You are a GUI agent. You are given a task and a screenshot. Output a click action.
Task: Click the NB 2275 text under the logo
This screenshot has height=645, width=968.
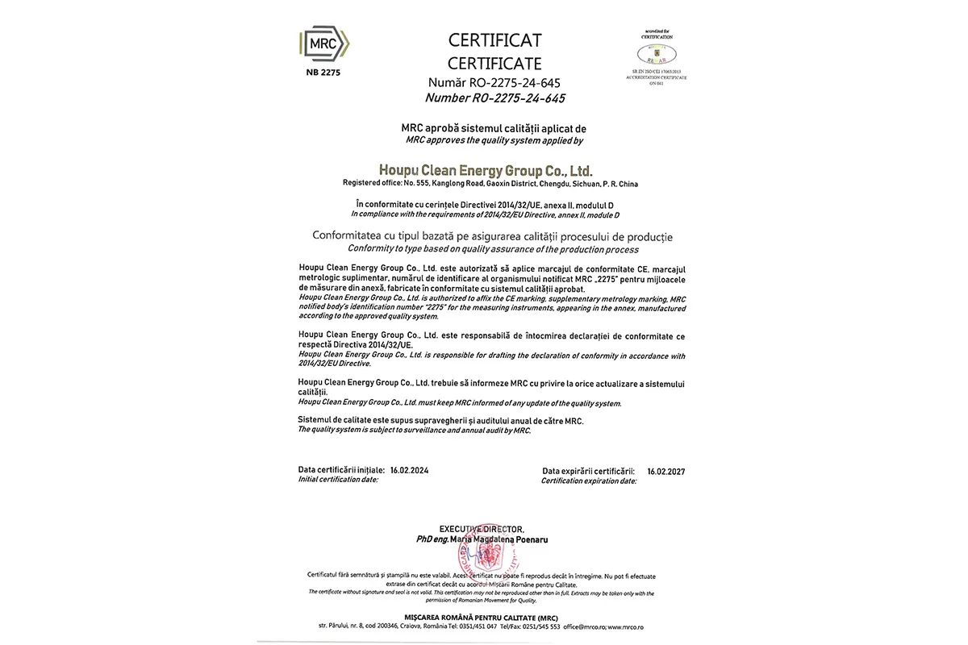point(323,73)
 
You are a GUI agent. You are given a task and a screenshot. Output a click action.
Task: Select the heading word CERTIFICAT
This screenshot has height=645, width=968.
point(495,40)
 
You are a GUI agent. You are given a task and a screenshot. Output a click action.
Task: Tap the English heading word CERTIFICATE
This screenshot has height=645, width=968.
point(495,63)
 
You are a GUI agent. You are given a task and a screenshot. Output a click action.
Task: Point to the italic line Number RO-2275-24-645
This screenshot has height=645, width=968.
point(494,98)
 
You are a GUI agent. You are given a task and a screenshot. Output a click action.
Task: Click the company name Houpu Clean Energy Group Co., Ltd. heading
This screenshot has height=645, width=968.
point(485,170)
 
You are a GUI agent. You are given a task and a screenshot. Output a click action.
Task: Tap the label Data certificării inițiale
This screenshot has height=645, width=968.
point(341,469)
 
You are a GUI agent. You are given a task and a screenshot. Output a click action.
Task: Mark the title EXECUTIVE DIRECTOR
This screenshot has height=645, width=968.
point(482,528)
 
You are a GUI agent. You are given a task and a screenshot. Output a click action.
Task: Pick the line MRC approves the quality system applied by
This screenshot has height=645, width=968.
point(494,140)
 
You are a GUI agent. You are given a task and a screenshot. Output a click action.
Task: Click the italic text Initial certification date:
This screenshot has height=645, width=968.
point(337,479)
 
